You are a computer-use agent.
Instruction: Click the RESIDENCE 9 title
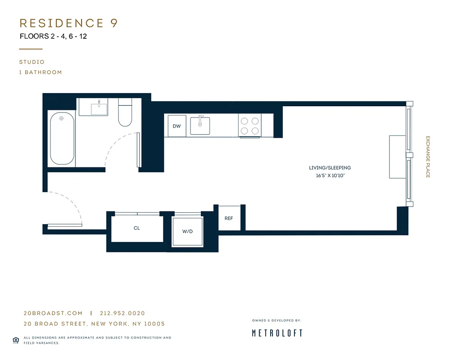pos(68,23)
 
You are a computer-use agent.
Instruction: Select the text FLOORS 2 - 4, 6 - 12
pos(53,36)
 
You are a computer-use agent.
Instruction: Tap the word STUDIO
pos(32,62)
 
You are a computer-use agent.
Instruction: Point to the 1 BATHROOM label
pos(41,72)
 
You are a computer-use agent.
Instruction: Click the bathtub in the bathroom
pos(62,138)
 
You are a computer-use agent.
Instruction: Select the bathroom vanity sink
pos(99,108)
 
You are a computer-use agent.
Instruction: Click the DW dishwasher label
pos(176,126)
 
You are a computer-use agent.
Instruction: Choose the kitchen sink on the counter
pos(200,126)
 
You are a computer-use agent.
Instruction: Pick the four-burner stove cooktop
pos(250,126)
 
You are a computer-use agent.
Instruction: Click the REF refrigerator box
pos(229,218)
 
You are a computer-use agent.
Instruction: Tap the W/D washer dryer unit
pos(187,231)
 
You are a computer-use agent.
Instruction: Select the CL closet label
pos(137,228)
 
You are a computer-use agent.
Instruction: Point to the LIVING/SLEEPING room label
pos(330,168)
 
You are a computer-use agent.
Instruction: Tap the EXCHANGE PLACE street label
pos(428,157)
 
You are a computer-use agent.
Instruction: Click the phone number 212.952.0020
pos(122,313)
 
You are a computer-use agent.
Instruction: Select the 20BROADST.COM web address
pos(53,313)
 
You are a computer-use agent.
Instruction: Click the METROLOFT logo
pos(277,333)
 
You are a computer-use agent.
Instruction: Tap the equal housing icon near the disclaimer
pos(16,340)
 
